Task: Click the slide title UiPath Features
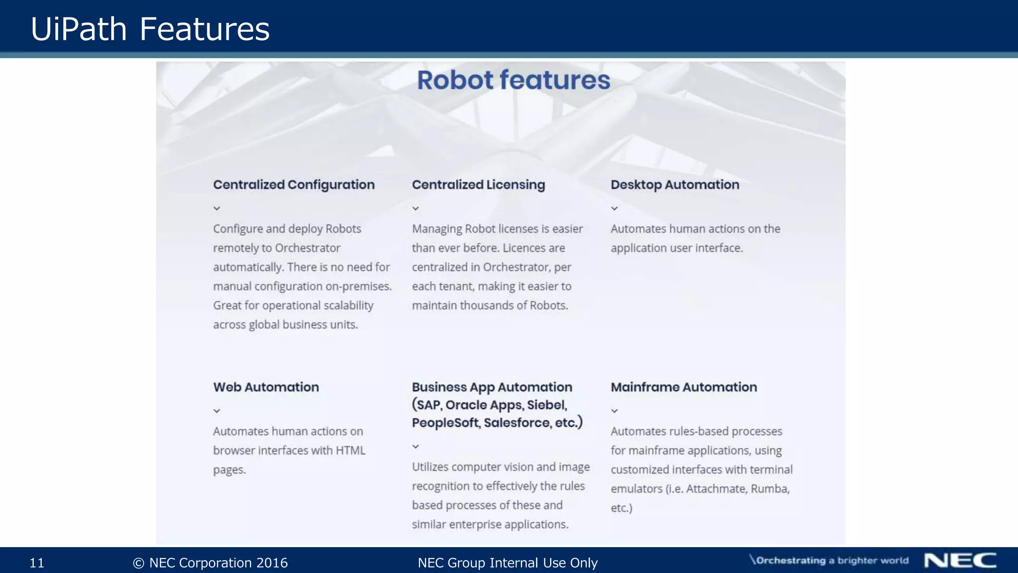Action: [150, 28]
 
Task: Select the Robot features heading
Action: [513, 80]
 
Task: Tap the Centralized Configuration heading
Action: [294, 185]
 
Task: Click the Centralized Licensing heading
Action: [478, 185]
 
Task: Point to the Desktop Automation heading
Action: [675, 185]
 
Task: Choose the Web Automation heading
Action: [266, 387]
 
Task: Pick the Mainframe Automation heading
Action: [683, 387]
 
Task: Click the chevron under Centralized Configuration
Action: [217, 208]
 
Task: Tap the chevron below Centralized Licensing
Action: [416, 208]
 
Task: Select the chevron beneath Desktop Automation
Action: [614, 208]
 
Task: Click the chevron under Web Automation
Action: [217, 411]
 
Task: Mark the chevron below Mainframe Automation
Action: [614, 411]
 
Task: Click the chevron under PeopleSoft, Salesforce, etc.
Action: [416, 447]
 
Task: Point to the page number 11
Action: [37, 563]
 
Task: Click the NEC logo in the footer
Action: [960, 561]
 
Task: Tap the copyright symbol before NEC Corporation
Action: [139, 563]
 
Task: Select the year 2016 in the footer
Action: [271, 563]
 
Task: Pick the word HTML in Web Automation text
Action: [350, 450]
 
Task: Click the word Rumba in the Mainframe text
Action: [769, 488]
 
